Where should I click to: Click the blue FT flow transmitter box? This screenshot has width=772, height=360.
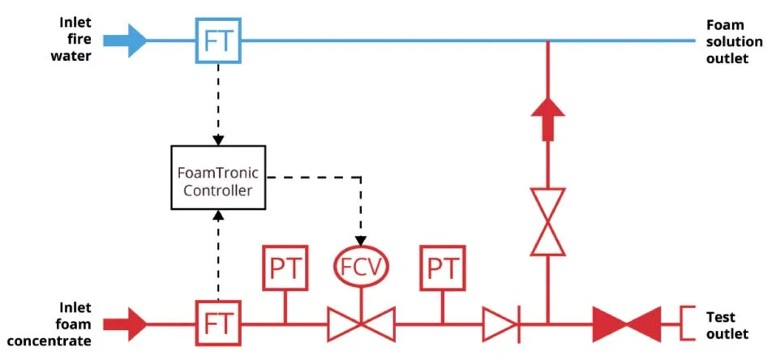pos(218,40)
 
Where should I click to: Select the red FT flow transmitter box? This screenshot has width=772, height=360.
pos(218,324)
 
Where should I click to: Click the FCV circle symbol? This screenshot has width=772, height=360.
pos(361,265)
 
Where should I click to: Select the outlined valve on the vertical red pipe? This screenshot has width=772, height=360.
pos(548,221)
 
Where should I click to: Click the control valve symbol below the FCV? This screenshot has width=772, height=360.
pos(361,324)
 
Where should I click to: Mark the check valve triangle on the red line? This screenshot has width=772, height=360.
pos(500,324)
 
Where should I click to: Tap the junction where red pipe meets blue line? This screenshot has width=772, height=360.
pos(548,41)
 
